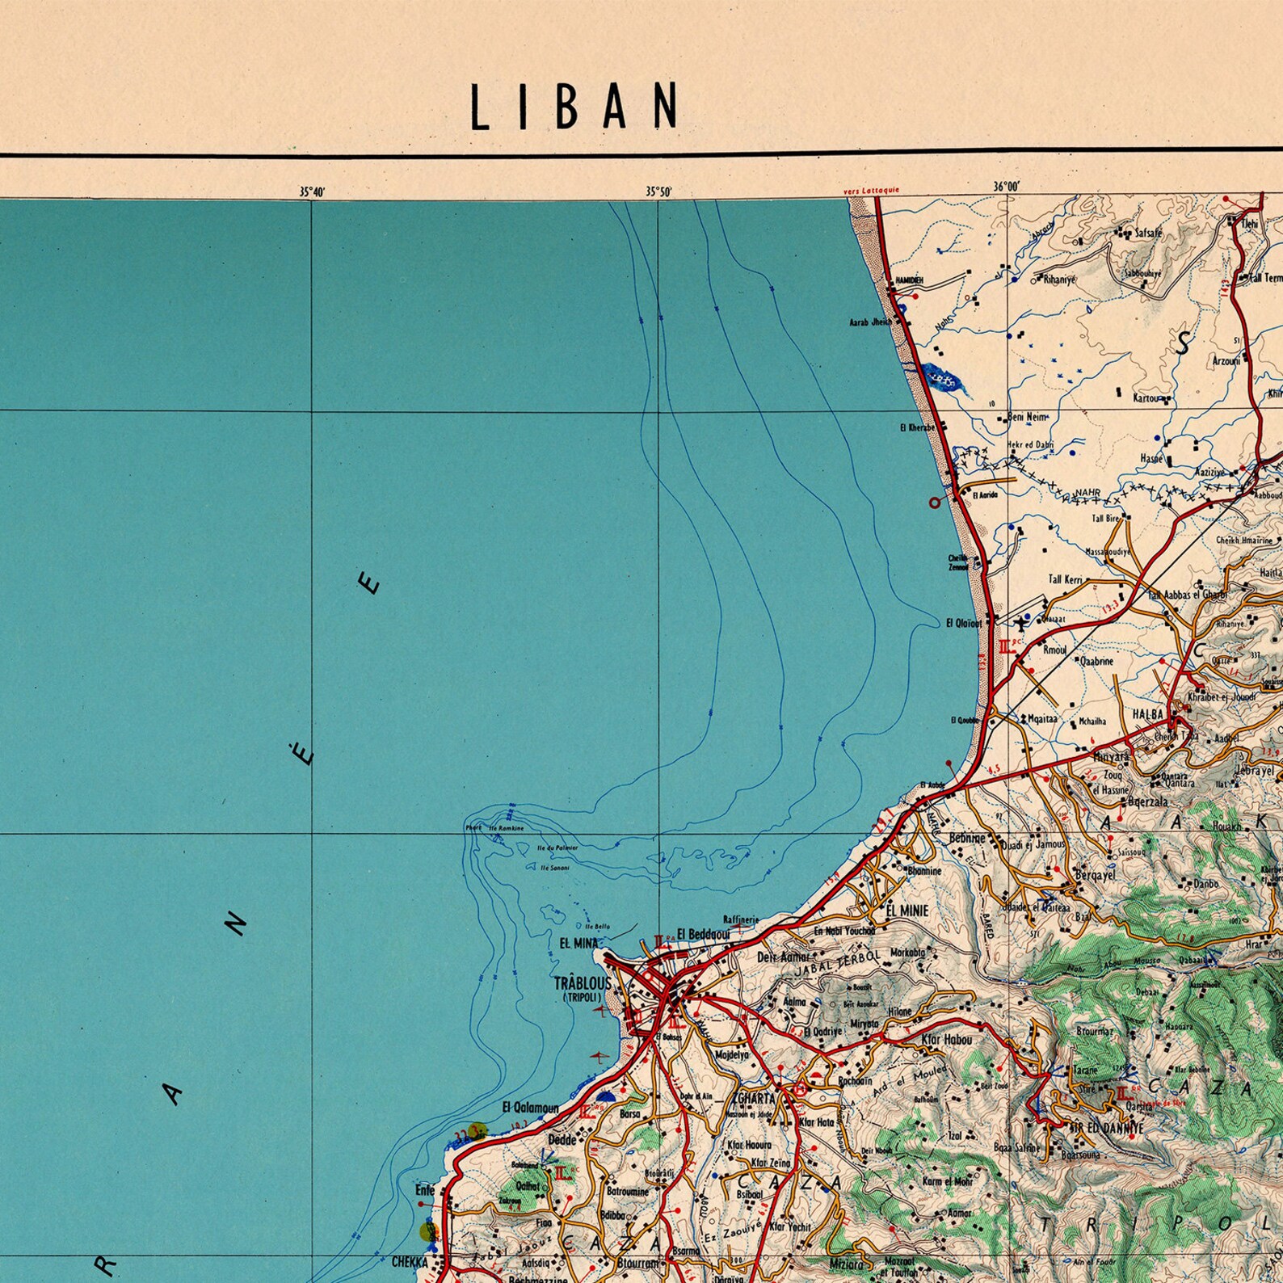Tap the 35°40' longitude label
point(312,191)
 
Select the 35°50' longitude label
point(658,191)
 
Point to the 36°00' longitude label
point(1006,186)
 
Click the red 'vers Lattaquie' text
point(870,191)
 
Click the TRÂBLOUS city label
point(583,983)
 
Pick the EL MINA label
point(578,943)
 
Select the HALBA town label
point(1147,714)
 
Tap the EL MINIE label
point(907,911)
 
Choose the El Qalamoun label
point(530,1108)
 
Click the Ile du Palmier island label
point(556,848)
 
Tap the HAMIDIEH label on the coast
point(909,280)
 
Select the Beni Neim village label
point(1026,418)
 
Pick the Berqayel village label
point(1096,876)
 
